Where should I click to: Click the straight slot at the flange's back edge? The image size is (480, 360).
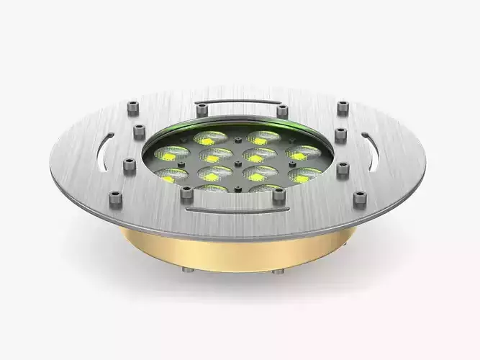(241, 102)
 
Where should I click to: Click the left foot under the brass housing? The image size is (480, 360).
(188, 270)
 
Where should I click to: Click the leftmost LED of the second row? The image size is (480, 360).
(172, 153)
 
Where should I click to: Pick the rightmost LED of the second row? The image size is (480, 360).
(303, 153)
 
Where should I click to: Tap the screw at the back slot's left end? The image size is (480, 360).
(202, 110)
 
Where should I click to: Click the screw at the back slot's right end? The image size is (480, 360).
(282, 111)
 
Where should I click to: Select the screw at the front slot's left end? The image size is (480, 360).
(186, 193)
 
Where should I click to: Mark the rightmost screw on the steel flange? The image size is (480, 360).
(361, 198)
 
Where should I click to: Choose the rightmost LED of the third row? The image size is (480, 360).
(305, 174)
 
